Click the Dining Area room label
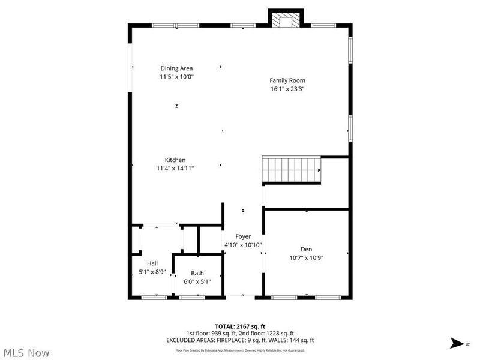[176, 68]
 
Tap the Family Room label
[287, 80]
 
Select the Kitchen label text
[175, 160]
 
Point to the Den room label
[307, 250]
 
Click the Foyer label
[243, 236]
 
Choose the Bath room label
[197, 273]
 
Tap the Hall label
[152, 263]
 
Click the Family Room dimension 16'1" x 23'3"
[288, 89]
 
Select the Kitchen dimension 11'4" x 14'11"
[175, 168]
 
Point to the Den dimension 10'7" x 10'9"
[307, 258]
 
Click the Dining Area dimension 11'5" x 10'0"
[176, 77]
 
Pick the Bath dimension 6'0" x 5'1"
[197, 281]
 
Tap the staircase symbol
[292, 170]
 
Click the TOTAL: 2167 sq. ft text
[239, 326]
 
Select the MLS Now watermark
[26, 353]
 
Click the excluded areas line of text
[239, 340]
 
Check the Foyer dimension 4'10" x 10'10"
[242, 245]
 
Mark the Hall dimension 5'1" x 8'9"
[152, 271]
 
